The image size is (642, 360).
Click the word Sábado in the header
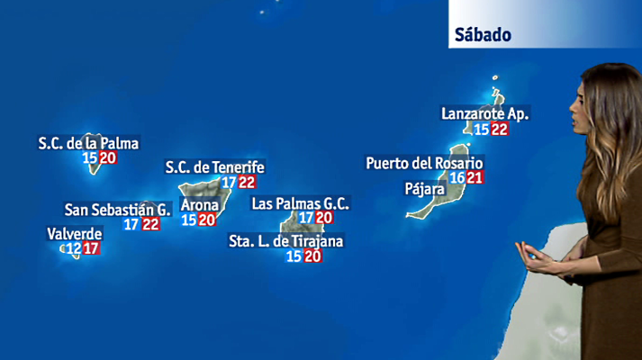tap(484, 35)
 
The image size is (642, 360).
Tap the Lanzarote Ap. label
tap(485, 113)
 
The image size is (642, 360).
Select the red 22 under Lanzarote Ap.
tap(500, 130)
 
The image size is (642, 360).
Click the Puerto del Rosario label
tap(424, 163)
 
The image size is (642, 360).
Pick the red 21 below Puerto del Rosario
tap(475, 177)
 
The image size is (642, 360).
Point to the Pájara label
tap(424, 189)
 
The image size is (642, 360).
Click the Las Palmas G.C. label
tap(300, 203)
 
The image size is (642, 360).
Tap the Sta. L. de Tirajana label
tap(286, 240)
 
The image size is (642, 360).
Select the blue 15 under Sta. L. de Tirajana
tap(294, 256)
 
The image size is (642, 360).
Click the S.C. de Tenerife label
tap(214, 166)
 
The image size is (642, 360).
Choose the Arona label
tap(199, 203)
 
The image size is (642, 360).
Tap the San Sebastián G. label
tap(117, 209)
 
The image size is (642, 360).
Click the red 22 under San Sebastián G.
tap(150, 224)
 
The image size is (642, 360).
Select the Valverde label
tap(74, 233)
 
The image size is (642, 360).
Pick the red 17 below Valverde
tap(91, 248)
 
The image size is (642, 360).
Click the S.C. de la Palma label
tap(89, 142)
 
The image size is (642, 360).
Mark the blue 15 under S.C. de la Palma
tap(89, 157)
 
